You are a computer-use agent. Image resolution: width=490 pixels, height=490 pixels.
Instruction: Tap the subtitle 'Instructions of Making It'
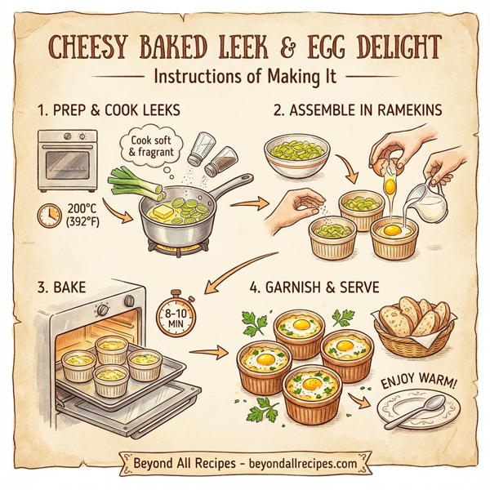[244, 76]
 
